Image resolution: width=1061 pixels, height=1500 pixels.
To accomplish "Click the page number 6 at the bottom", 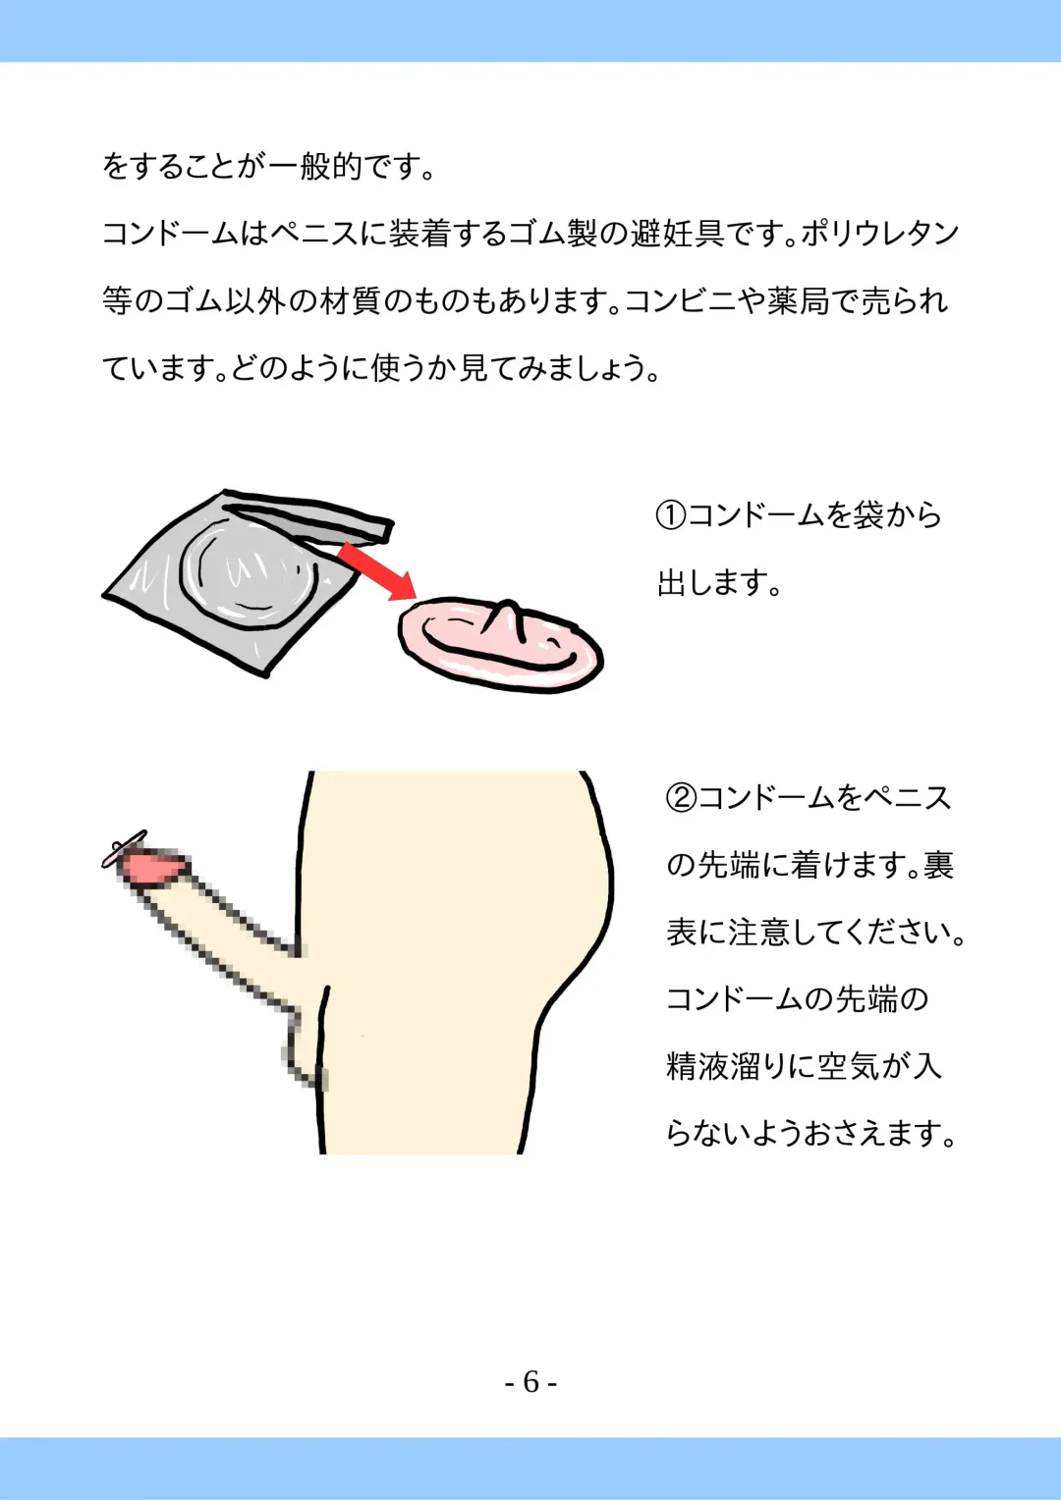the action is coord(530,1381).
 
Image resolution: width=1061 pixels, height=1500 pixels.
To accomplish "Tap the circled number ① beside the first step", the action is coord(671,515).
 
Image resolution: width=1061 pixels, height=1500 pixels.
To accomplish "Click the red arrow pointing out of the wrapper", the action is coord(376,570).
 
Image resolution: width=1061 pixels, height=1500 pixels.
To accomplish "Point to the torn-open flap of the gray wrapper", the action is coord(308,517).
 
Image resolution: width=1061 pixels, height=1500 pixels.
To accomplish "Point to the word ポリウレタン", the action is coord(880,234).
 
